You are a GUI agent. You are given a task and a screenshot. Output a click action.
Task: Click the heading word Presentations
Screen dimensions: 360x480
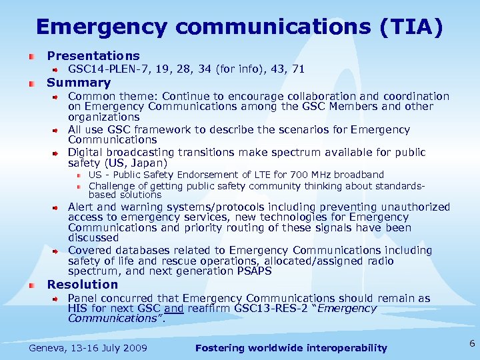[x=93, y=56]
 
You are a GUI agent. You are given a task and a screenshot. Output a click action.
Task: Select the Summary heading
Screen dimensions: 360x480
[x=79, y=83]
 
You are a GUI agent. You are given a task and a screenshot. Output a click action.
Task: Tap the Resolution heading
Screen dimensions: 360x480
[x=82, y=285]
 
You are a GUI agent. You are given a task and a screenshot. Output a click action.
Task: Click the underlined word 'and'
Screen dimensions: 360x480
[x=173, y=309]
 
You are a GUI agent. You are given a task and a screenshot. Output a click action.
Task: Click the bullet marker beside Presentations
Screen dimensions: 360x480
[x=31, y=57]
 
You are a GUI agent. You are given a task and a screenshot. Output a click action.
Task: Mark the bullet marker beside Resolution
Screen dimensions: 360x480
[x=31, y=285]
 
